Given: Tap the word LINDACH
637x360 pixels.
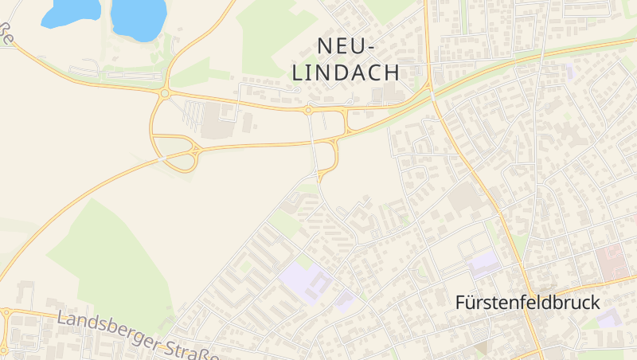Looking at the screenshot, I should pyautogui.click(x=346, y=72).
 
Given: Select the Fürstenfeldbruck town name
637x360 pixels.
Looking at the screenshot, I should pyautogui.click(x=527, y=303).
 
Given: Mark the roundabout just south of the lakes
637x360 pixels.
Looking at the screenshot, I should pyautogui.click(x=164, y=93).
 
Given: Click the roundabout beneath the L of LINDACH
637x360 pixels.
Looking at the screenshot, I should pyautogui.click(x=307, y=110).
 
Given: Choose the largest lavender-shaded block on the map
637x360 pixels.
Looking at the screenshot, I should pyautogui.click(x=307, y=280).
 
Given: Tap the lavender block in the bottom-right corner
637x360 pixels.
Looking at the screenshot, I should pyautogui.click(x=608, y=319).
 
